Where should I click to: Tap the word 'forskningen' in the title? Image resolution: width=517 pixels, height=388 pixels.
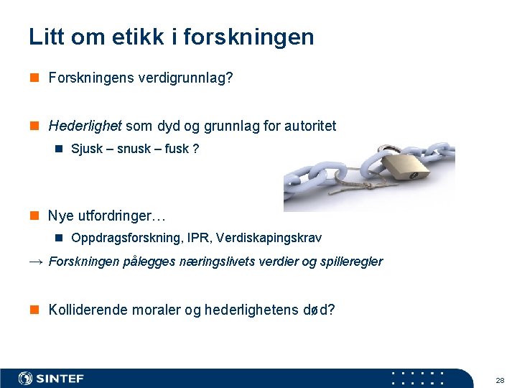(x=248, y=37)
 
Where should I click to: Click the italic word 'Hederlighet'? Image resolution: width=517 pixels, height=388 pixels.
(x=85, y=126)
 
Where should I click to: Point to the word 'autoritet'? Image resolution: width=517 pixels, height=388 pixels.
(x=310, y=126)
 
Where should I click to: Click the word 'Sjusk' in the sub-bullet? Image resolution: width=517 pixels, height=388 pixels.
(x=87, y=149)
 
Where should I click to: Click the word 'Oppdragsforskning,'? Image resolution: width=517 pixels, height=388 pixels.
(x=121, y=238)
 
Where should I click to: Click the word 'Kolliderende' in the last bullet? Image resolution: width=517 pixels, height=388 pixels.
(x=88, y=310)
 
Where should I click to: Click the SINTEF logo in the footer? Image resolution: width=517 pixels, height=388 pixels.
(x=52, y=379)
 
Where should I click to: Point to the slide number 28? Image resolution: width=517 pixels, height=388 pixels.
(x=500, y=379)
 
